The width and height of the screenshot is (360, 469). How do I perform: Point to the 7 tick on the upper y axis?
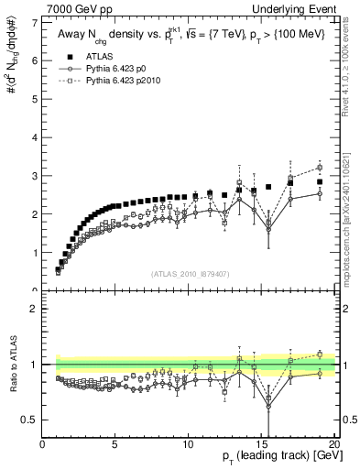(36, 21)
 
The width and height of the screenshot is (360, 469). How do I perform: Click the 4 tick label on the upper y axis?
(36, 136)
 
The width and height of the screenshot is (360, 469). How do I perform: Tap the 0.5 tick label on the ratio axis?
(31, 420)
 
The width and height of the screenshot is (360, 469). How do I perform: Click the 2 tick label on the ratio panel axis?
(36, 309)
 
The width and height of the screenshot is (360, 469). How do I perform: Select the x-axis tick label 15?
(261, 445)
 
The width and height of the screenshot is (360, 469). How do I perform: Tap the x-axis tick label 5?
(115, 445)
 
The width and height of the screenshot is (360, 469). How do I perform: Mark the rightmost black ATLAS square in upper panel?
(320, 181)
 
